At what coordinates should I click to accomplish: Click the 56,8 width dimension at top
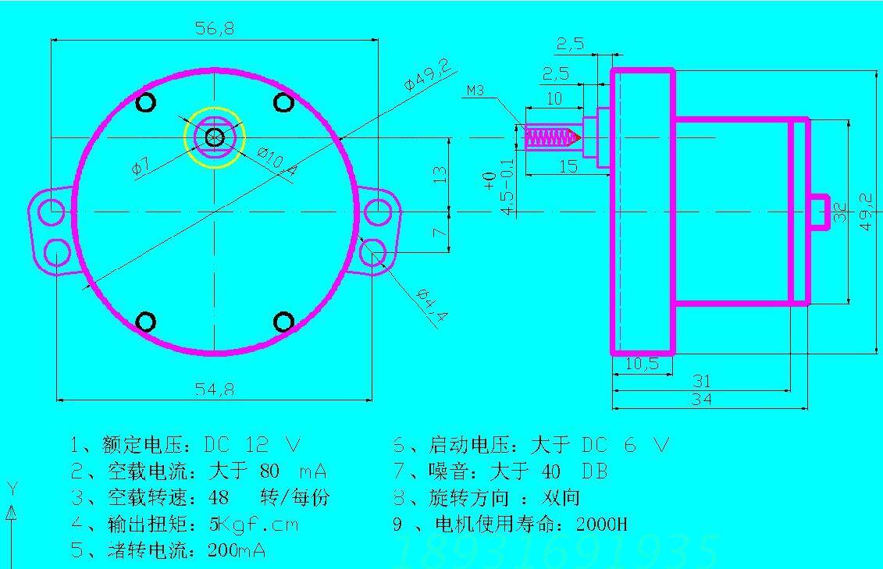(x=213, y=29)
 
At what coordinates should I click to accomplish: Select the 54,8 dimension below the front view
(x=213, y=389)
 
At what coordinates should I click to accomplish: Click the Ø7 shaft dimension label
(x=140, y=166)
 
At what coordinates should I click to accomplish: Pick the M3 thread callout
(x=475, y=91)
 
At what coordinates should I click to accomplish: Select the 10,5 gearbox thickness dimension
(x=642, y=364)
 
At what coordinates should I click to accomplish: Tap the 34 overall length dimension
(x=701, y=400)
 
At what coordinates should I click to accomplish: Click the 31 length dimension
(x=701, y=381)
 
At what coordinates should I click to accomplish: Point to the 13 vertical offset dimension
(x=440, y=172)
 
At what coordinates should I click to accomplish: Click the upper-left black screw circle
(x=146, y=102)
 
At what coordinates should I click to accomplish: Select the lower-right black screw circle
(x=284, y=322)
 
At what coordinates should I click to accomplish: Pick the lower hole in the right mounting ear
(x=376, y=252)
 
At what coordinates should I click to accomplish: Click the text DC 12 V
(x=251, y=446)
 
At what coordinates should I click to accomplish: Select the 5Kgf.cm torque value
(x=253, y=524)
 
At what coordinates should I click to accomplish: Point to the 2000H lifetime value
(x=601, y=524)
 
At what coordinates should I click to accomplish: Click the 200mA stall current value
(x=237, y=550)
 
